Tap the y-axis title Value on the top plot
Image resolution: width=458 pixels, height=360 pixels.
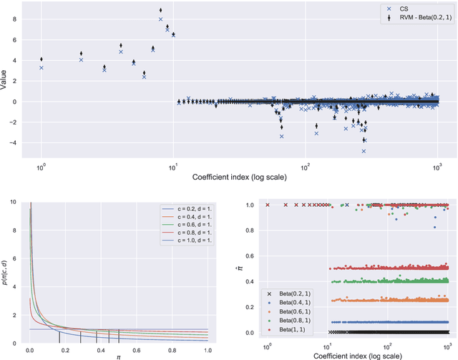pyautogui.click(x=6, y=82)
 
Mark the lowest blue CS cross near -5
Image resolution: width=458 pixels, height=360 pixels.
pyautogui.click(x=364, y=151)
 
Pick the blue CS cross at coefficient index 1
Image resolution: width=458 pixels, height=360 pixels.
pyautogui.click(x=42, y=67)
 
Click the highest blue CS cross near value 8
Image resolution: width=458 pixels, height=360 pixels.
pyautogui.click(x=160, y=19)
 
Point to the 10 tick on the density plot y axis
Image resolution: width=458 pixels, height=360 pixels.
pyautogui.click(x=16, y=203)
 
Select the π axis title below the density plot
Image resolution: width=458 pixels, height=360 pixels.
pyautogui.click(x=118, y=355)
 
